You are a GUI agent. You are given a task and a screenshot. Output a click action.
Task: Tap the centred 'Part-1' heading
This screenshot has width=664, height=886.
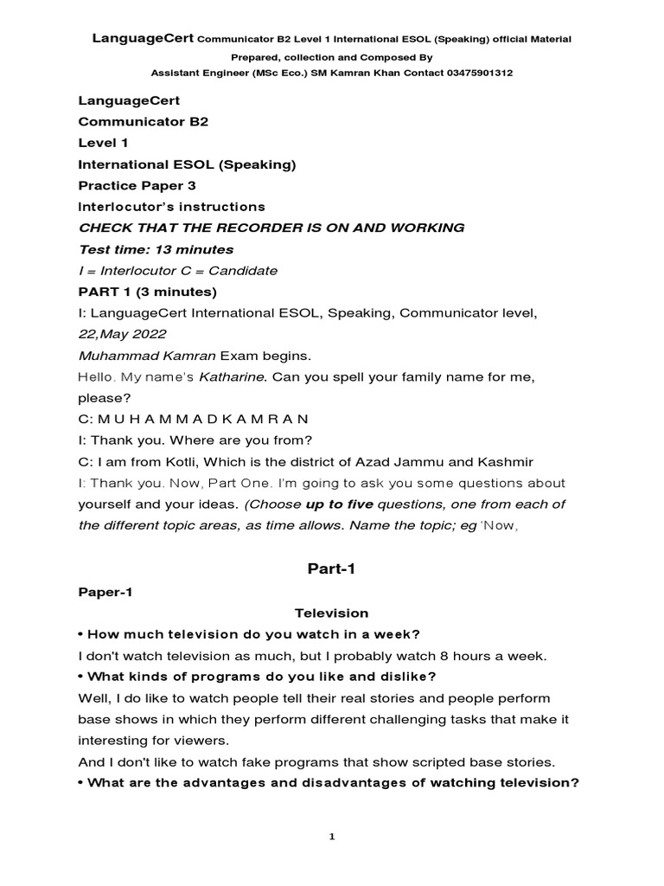(x=331, y=568)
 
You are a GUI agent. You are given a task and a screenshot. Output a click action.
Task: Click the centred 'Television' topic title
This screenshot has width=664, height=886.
(x=331, y=613)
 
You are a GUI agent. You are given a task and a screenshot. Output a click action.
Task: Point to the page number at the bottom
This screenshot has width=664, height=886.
(x=331, y=837)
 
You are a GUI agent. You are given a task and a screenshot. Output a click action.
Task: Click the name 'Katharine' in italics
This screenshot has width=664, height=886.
(x=233, y=377)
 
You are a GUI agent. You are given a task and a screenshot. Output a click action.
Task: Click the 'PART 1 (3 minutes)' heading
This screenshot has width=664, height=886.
(x=148, y=292)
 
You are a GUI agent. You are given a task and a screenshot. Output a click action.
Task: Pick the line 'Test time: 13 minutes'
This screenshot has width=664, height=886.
(x=156, y=249)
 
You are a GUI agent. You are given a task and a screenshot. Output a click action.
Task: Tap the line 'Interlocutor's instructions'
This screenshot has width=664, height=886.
(x=172, y=207)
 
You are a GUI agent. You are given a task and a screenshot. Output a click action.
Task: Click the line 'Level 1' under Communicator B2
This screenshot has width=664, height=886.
(x=103, y=143)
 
